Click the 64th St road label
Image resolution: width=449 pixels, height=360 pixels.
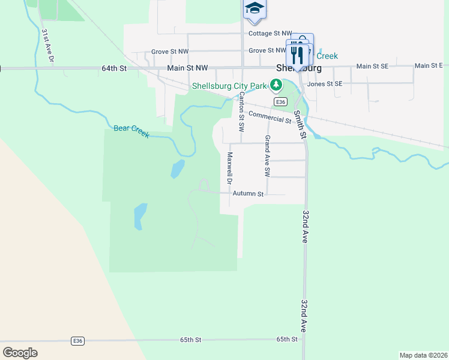pyautogui.click(x=114, y=68)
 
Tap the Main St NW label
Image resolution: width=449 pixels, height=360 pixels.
pyautogui.click(x=187, y=68)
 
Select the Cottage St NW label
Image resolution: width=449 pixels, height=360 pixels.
pyautogui.click(x=270, y=34)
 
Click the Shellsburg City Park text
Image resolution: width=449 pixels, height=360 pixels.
pyautogui.click(x=229, y=86)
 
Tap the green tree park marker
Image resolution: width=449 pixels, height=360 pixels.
pyautogui.click(x=276, y=86)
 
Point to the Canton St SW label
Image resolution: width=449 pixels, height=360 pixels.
pyautogui.click(x=241, y=112)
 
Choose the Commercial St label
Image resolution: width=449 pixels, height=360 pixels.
pyautogui.click(x=270, y=117)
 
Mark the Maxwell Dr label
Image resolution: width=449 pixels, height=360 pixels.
pyautogui.click(x=229, y=168)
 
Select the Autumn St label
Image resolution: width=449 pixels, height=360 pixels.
pyautogui.click(x=248, y=194)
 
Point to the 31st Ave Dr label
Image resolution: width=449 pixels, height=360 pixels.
pyautogui.click(x=47, y=46)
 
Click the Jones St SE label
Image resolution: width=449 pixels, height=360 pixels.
pyautogui.click(x=324, y=84)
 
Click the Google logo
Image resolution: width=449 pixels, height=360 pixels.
pyautogui.click(x=20, y=353)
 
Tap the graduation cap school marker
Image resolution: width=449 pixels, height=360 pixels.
pyautogui.click(x=254, y=9)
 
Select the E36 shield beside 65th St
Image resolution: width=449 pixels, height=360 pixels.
pyautogui.click(x=77, y=340)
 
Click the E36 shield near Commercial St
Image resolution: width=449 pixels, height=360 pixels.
pyautogui.click(x=280, y=103)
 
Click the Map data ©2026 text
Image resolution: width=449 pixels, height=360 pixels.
pyautogui.click(x=423, y=355)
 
